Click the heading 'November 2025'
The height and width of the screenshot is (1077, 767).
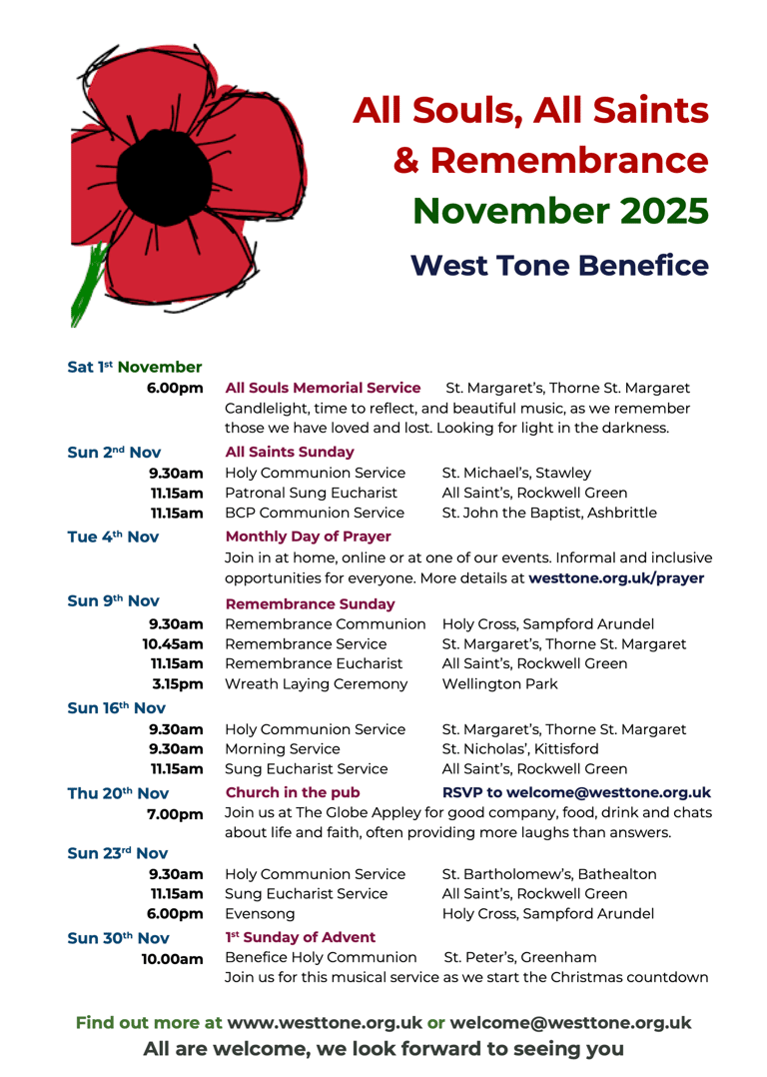(560, 210)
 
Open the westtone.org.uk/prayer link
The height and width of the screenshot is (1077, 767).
(616, 578)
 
